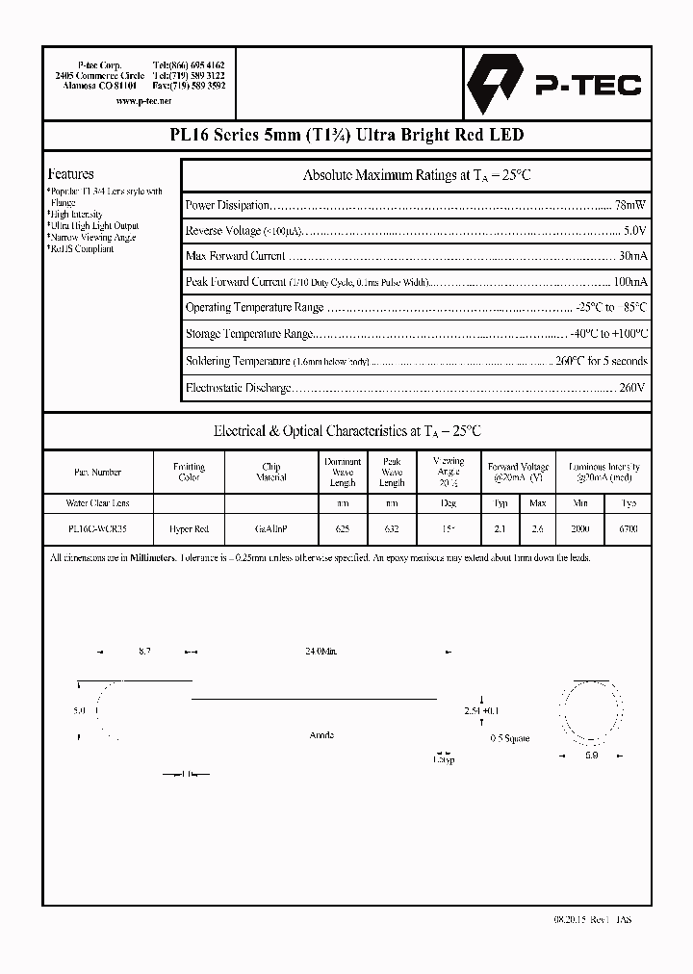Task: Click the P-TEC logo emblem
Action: [488, 85]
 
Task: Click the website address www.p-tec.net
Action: [143, 100]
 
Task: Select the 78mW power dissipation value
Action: [630, 205]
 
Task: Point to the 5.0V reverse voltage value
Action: [634, 231]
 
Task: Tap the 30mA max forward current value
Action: [632, 256]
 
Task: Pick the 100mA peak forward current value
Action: [629, 282]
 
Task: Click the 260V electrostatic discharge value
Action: [632, 387]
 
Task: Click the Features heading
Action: [71, 174]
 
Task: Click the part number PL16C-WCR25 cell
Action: [97, 529]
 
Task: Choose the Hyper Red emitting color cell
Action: [189, 529]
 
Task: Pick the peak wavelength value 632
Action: [392, 529]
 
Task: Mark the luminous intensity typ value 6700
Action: [629, 529]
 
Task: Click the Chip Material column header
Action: [271, 472]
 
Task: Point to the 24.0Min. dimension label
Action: [321, 653]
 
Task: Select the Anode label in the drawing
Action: [321, 735]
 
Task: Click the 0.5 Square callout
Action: [509, 739]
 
